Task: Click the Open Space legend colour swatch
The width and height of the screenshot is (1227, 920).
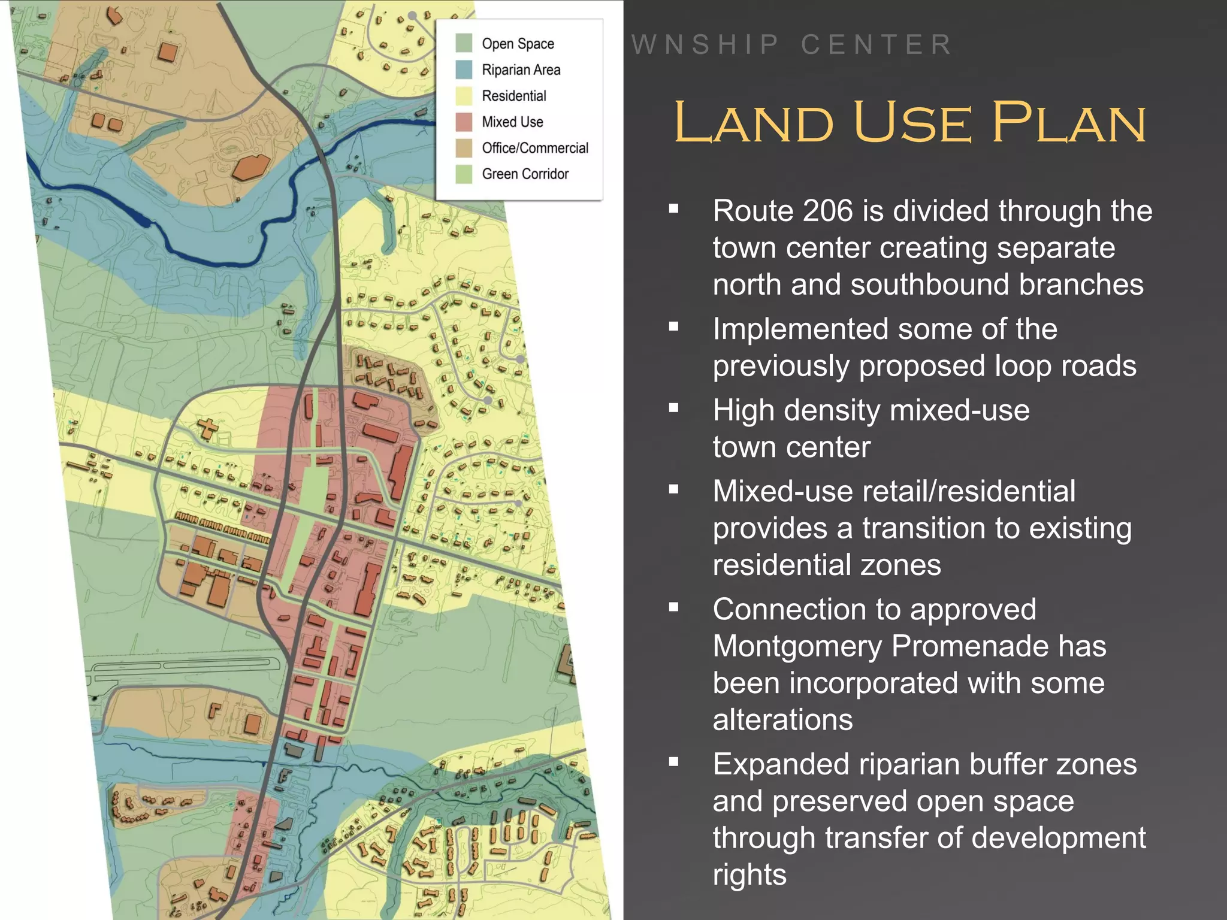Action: (464, 44)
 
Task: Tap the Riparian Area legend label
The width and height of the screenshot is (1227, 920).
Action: (521, 70)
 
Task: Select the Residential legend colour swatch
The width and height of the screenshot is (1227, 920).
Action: (464, 96)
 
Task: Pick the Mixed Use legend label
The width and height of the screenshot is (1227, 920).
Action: (512, 122)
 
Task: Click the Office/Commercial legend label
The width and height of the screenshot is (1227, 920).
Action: (535, 148)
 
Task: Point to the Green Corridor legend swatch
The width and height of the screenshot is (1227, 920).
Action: (464, 174)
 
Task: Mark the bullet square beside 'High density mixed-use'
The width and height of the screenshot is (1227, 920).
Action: (674, 408)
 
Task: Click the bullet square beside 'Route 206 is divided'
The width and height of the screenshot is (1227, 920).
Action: (674, 209)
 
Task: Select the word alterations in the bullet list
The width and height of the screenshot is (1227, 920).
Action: (782, 719)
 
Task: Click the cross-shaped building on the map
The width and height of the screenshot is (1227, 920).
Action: (208, 429)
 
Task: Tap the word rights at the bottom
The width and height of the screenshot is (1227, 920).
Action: (750, 875)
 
